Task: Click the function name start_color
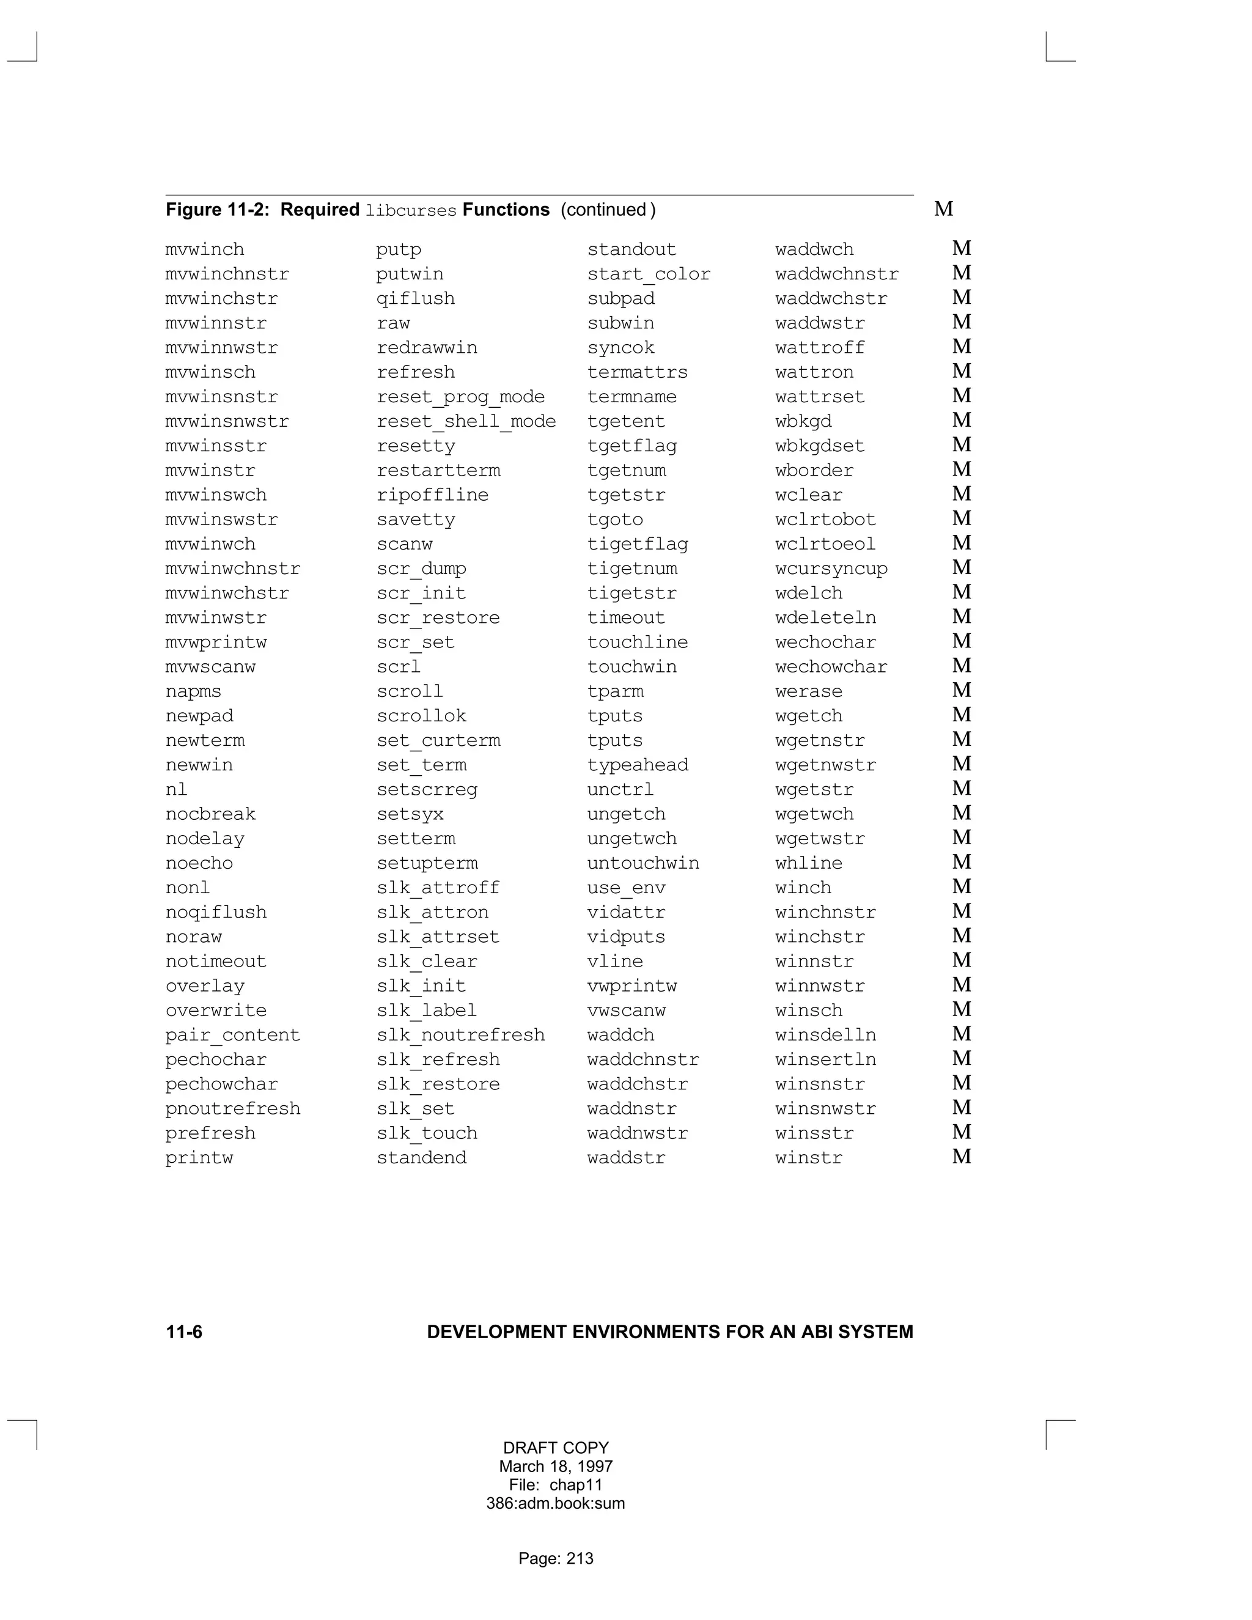[648, 274]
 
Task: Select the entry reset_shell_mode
[466, 421]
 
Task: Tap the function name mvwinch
[205, 250]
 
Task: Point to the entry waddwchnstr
[837, 274]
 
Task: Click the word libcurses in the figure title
[411, 211]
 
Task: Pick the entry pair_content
[233, 1036]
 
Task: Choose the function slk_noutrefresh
[460, 1036]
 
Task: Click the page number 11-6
[184, 1332]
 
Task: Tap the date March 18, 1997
[556, 1467]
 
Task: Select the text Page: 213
[556, 1558]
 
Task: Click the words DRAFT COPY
[556, 1448]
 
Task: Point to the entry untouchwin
[643, 863]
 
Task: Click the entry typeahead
[638, 765]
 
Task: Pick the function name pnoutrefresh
[233, 1109]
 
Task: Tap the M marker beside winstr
[961, 1157]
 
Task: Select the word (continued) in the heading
[608, 210]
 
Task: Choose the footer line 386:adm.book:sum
[556, 1504]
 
